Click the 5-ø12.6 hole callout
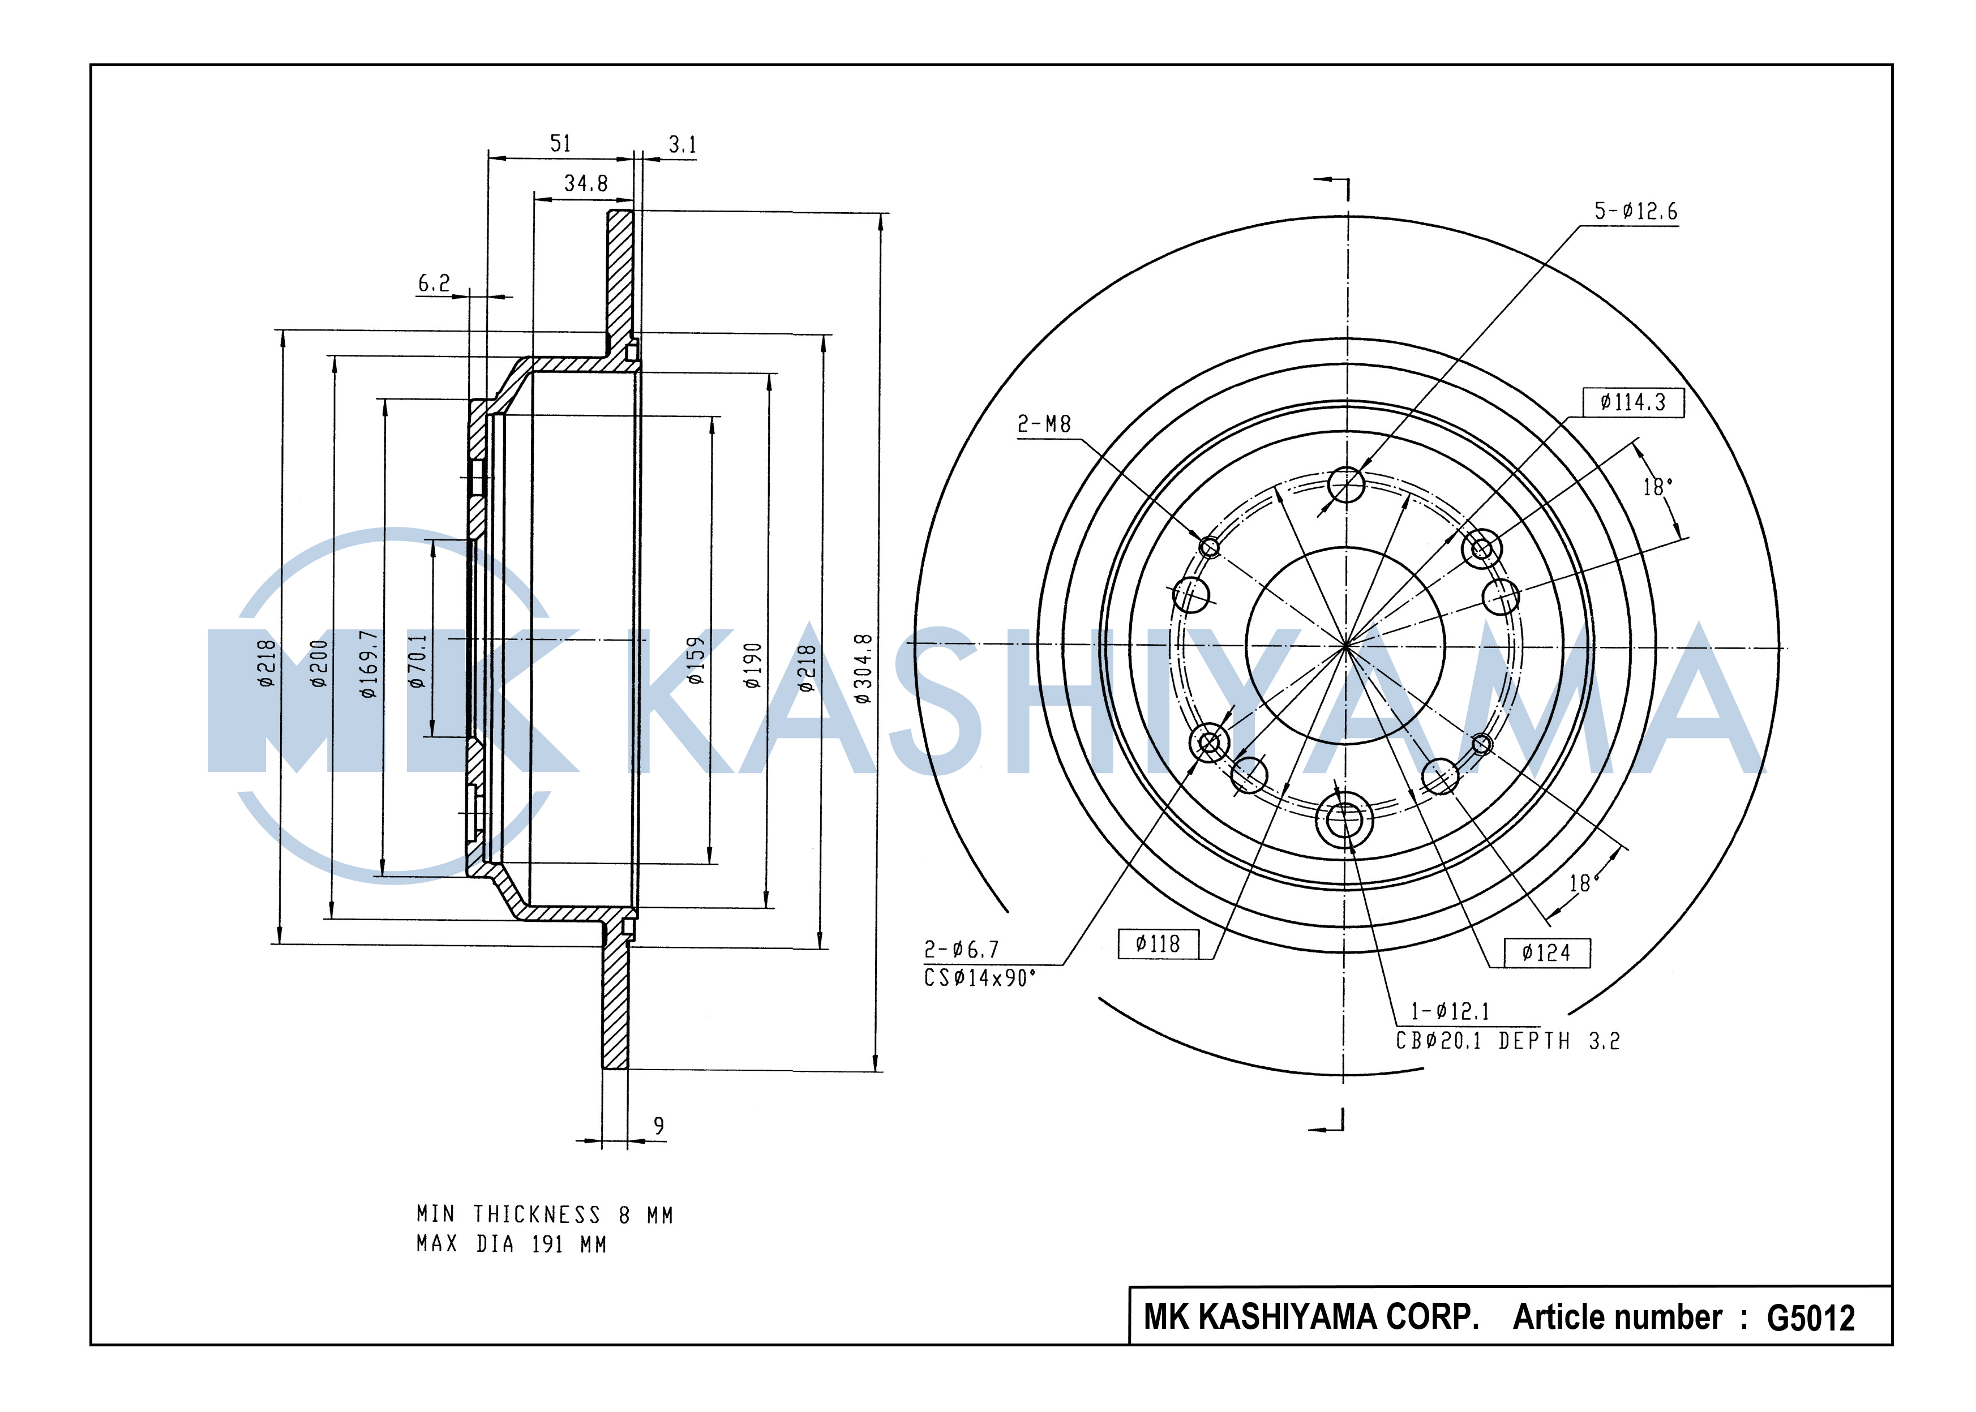1635,211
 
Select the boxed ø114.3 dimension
1632,402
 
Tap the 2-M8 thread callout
1044,424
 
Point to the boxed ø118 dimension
1158,943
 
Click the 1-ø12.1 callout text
1450,1011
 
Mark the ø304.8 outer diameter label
862,668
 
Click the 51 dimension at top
560,143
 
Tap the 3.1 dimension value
682,144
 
